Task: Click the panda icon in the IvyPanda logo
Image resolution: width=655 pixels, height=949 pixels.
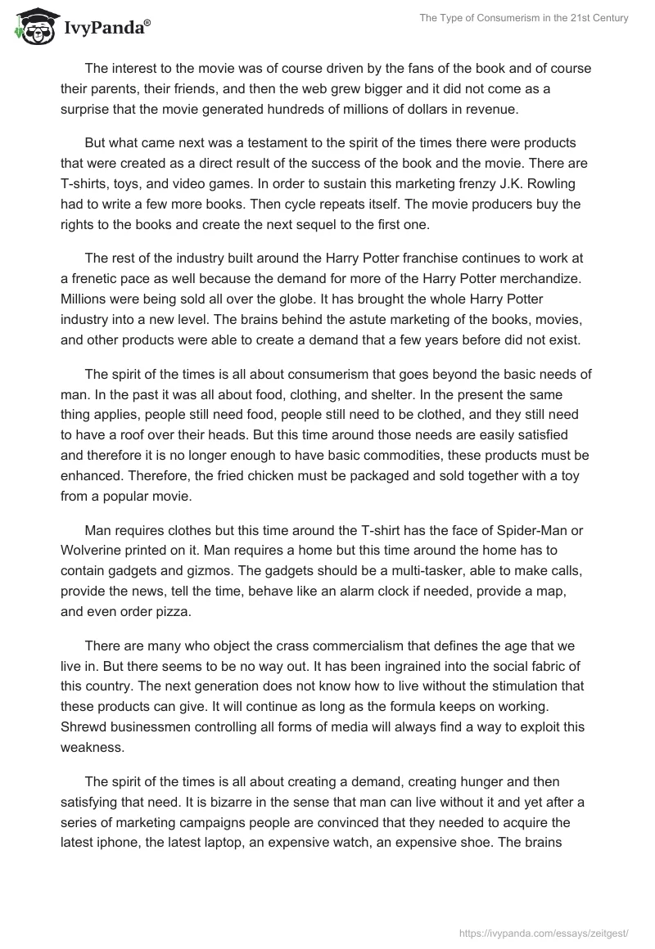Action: click(x=32, y=27)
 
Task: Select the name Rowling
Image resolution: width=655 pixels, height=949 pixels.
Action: click(x=564, y=186)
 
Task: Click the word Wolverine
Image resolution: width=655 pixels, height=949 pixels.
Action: click(x=93, y=551)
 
